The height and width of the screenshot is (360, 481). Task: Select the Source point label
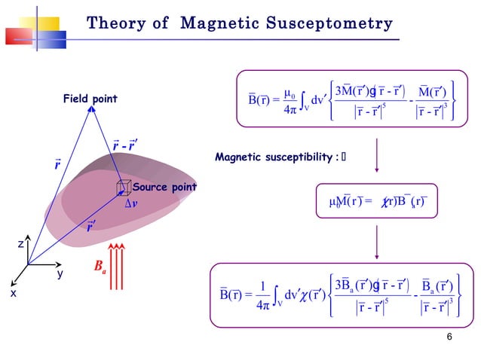pyautogui.click(x=164, y=187)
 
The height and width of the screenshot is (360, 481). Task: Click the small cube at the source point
pyautogui.click(x=123, y=187)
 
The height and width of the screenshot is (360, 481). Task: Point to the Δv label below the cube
pyautogui.click(x=130, y=203)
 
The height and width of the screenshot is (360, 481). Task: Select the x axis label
pyautogui.click(x=13, y=294)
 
